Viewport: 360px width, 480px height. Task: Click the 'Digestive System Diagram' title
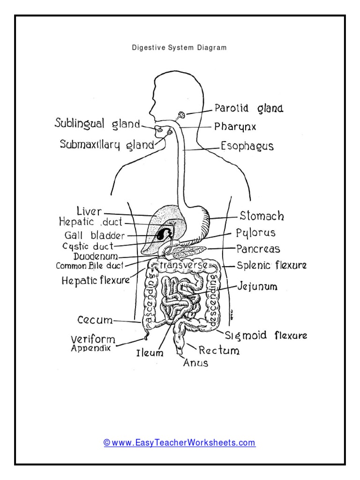(180, 48)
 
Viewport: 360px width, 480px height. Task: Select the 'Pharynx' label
(235, 127)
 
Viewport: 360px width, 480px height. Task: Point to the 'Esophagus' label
(247, 146)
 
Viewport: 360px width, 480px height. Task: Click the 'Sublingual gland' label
(97, 124)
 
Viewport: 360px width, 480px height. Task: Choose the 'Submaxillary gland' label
(107, 144)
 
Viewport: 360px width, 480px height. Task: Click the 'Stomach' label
(262, 217)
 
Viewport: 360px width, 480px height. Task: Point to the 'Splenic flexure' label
(271, 265)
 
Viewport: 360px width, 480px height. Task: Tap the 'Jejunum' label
(257, 286)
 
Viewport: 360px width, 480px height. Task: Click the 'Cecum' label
(95, 321)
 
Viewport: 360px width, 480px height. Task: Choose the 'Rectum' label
(219, 350)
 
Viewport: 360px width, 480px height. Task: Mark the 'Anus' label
(195, 363)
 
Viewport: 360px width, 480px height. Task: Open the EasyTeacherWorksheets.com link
(180, 442)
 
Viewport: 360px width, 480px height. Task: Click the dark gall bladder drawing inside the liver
(164, 233)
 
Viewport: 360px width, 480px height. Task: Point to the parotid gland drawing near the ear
(180, 114)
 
